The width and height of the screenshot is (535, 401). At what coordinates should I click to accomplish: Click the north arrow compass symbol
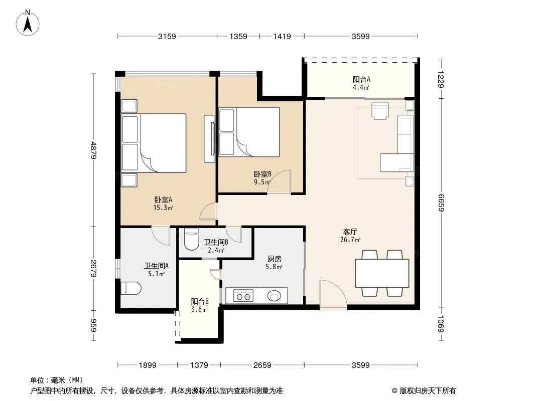(28, 23)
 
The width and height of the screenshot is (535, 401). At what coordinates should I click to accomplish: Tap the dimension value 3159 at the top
(167, 36)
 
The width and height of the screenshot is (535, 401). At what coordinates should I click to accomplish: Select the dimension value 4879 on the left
(94, 150)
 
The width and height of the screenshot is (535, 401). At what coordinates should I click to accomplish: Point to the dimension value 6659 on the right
(441, 203)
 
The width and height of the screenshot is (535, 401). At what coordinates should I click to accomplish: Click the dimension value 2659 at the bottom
(262, 365)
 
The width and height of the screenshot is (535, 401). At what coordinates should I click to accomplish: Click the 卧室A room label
(163, 199)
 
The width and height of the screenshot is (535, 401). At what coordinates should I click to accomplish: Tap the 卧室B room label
(262, 174)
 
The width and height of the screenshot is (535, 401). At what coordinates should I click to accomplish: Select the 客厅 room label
(350, 232)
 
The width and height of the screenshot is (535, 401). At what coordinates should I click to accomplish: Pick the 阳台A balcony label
(361, 79)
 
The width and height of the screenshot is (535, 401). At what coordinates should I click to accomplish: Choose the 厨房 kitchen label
(275, 259)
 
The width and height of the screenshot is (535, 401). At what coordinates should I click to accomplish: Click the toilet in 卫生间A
(131, 288)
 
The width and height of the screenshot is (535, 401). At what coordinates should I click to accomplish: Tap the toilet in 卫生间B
(191, 239)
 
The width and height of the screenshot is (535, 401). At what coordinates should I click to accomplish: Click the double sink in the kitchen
(243, 296)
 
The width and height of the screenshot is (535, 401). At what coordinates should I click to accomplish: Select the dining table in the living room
(382, 273)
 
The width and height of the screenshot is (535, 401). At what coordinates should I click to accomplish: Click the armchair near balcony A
(380, 111)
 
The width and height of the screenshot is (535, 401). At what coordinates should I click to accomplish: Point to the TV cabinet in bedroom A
(209, 139)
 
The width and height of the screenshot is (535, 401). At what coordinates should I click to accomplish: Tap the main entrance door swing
(333, 294)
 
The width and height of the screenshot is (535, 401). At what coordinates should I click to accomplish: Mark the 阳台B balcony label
(200, 302)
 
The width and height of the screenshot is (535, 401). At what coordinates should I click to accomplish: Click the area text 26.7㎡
(350, 240)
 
